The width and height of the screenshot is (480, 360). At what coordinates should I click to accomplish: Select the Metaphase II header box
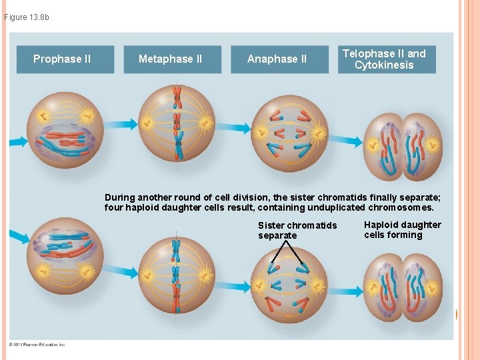[x=170, y=59]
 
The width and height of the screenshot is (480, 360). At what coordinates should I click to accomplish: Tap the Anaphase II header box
[x=277, y=59]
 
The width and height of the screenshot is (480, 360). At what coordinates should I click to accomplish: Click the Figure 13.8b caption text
[x=27, y=17]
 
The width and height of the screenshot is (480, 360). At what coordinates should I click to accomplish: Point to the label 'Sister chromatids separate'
[x=297, y=230]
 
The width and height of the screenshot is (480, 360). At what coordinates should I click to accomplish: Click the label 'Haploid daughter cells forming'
[x=402, y=230]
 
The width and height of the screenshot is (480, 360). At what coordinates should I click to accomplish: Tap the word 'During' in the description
[x=120, y=197]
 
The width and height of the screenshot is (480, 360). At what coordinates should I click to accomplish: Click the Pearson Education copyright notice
[x=37, y=345]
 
